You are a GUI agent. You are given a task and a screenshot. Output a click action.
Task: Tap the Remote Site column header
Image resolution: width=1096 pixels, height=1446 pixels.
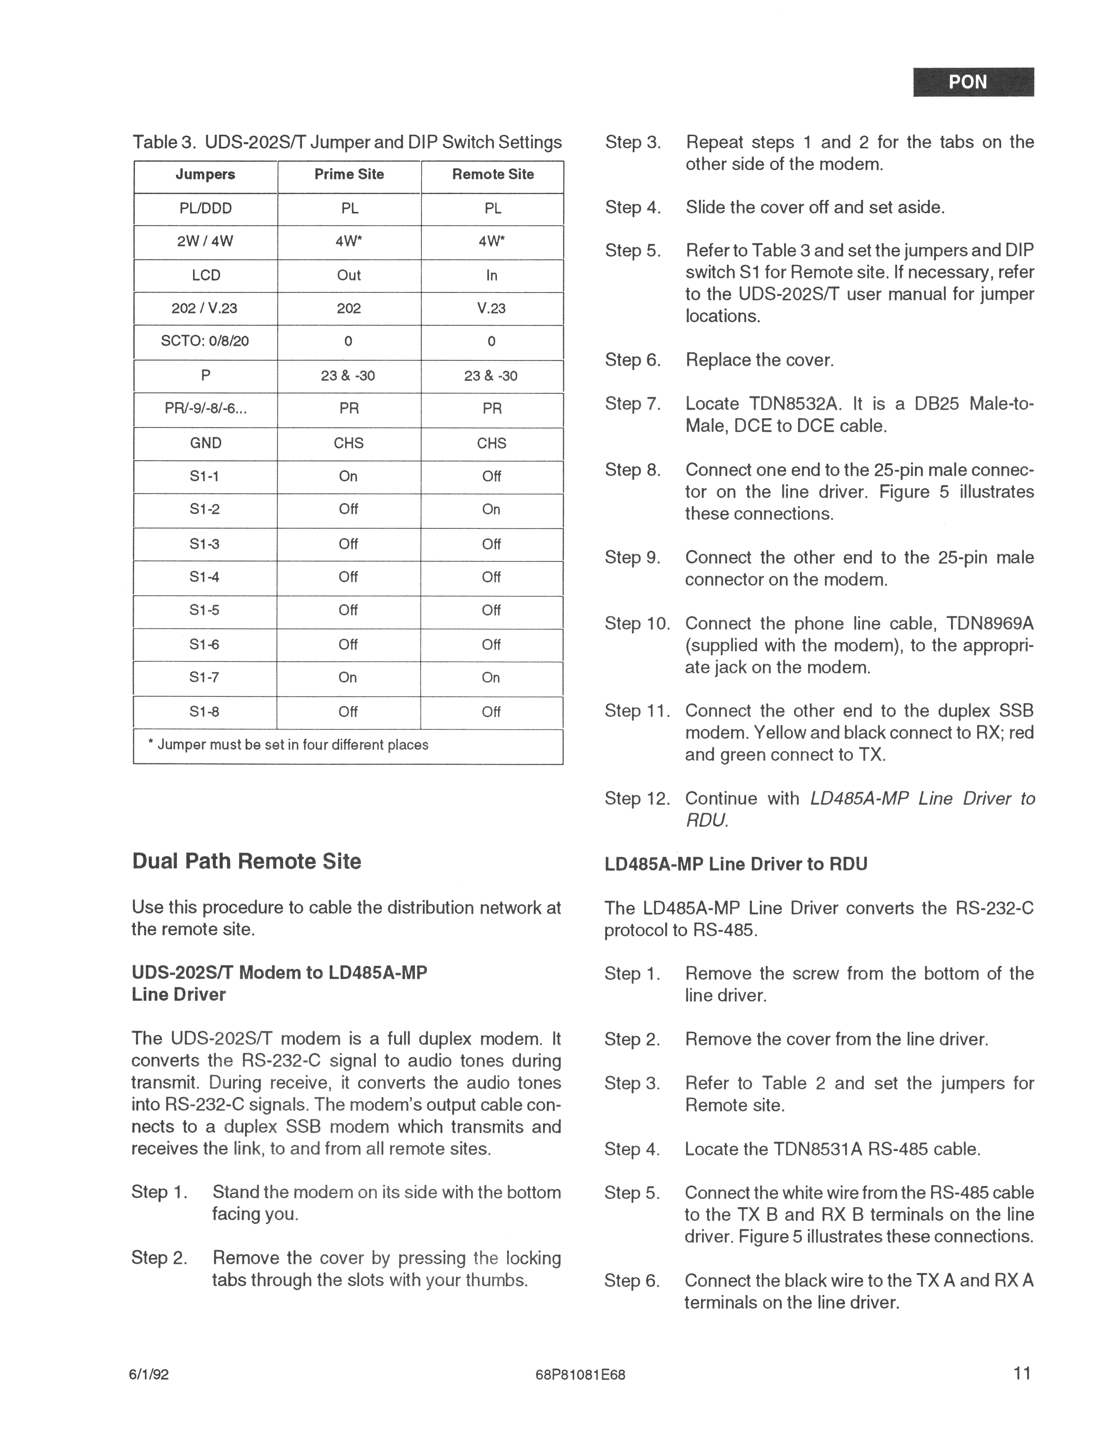pyautogui.click(x=493, y=175)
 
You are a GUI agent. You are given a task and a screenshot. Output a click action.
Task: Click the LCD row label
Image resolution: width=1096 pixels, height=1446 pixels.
pyautogui.click(x=206, y=275)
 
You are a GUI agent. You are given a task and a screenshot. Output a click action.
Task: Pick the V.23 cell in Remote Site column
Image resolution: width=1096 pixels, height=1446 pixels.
pyautogui.click(x=491, y=308)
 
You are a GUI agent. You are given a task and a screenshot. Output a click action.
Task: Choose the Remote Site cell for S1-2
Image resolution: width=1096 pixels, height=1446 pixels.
pyautogui.click(x=491, y=509)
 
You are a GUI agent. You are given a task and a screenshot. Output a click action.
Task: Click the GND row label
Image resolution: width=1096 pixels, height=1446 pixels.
pyautogui.click(x=206, y=443)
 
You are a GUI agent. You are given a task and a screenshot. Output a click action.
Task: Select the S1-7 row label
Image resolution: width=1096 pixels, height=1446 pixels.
pyautogui.click(x=205, y=677)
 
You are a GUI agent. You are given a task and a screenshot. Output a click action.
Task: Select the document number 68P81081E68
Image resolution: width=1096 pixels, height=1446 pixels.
pyautogui.click(x=580, y=1375)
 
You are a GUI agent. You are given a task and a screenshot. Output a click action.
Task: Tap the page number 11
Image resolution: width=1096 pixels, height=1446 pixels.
pyautogui.click(x=1021, y=1373)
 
